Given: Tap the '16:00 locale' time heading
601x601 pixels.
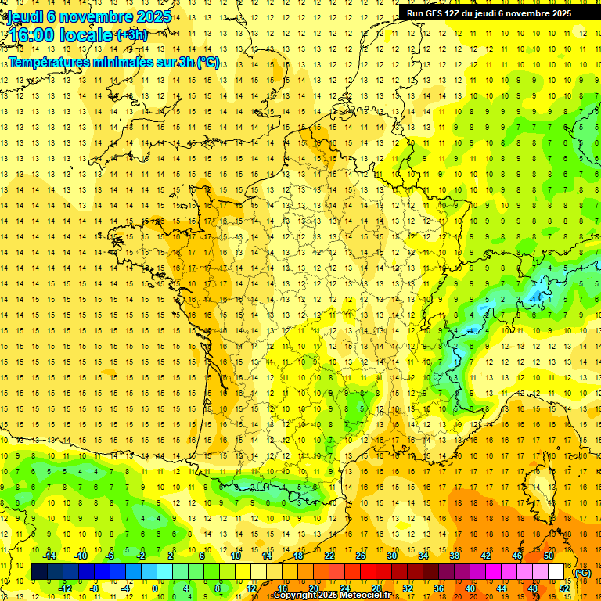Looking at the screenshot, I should [x=61, y=36].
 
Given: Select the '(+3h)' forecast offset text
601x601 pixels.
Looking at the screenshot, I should [x=131, y=35].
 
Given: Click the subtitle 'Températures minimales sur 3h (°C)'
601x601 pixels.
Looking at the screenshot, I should [x=114, y=63].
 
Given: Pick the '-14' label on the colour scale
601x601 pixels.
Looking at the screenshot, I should [x=50, y=556].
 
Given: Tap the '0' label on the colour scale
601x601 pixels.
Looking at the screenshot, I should [x=154, y=588].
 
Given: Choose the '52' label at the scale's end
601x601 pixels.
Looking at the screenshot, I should [x=564, y=588].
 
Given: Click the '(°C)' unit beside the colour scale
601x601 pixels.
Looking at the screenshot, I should [x=583, y=572].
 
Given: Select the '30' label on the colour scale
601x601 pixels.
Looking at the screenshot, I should [x=392, y=556].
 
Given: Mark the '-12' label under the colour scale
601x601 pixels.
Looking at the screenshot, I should [x=66, y=588].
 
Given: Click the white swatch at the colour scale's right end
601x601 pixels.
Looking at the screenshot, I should [x=556, y=572].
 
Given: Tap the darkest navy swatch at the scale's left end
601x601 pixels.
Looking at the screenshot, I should [x=39, y=572].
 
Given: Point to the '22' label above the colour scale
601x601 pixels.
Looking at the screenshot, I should [x=329, y=556].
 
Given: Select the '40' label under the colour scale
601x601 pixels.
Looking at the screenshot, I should [x=470, y=588].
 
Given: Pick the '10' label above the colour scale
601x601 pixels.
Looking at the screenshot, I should [x=235, y=556].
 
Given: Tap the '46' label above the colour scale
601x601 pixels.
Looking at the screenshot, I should [x=517, y=556].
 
